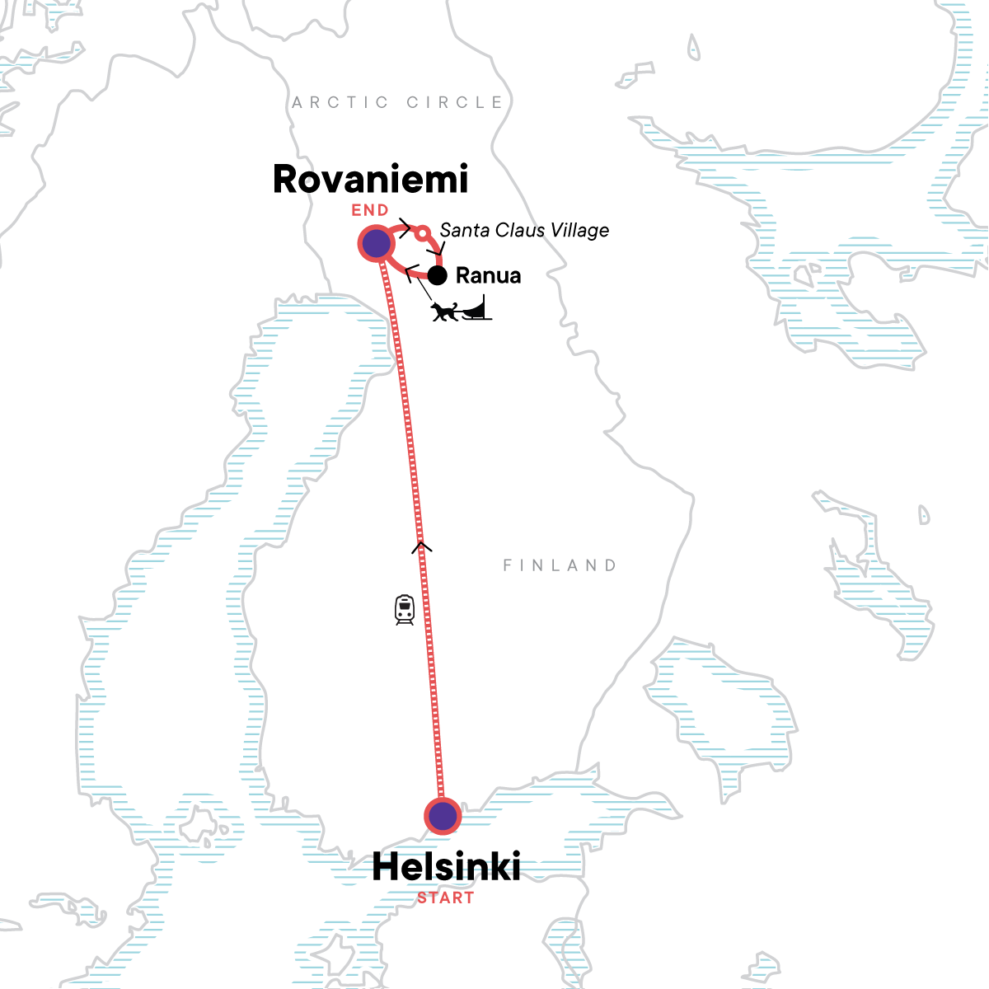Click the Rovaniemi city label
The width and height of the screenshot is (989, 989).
tap(370, 179)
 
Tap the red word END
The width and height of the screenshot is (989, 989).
tap(370, 210)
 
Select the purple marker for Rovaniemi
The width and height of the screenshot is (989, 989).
tap(376, 244)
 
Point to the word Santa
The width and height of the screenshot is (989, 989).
tap(464, 230)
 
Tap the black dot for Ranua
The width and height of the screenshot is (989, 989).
tap(437, 275)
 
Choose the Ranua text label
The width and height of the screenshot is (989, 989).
tap(488, 275)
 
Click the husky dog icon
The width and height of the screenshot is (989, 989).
tap(444, 312)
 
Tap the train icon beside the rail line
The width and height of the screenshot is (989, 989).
tap(404, 609)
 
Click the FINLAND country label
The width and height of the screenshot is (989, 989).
tap(560, 565)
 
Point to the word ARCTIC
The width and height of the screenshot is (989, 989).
tap(340, 102)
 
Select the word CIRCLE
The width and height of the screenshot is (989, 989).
tap(455, 102)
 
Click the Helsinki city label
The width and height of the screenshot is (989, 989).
tap(446, 867)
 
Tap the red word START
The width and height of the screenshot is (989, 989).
tap(446, 898)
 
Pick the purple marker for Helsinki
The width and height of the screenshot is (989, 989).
tap(443, 816)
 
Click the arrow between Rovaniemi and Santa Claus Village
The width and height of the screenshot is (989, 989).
tap(404, 227)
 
